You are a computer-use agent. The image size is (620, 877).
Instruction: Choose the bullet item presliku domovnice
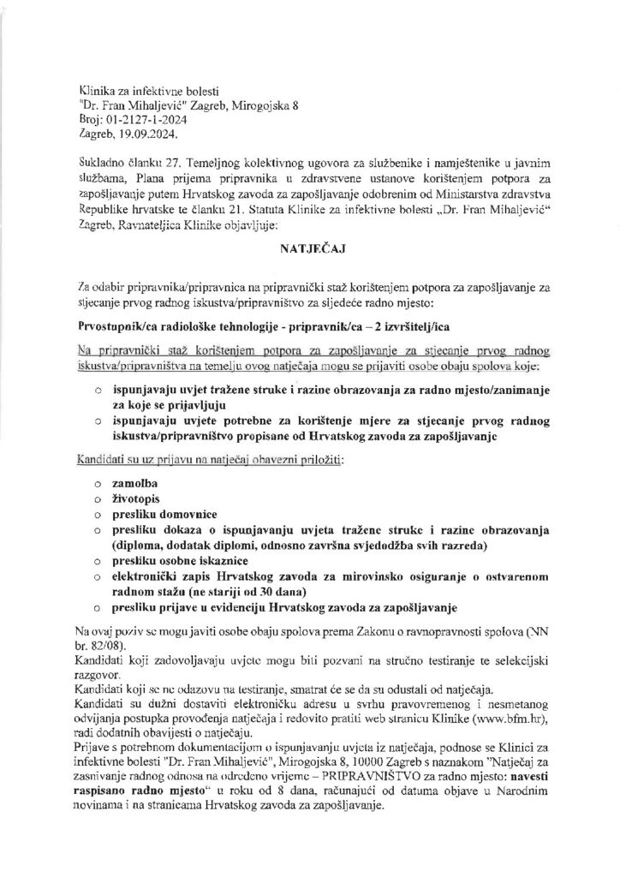[164, 516]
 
